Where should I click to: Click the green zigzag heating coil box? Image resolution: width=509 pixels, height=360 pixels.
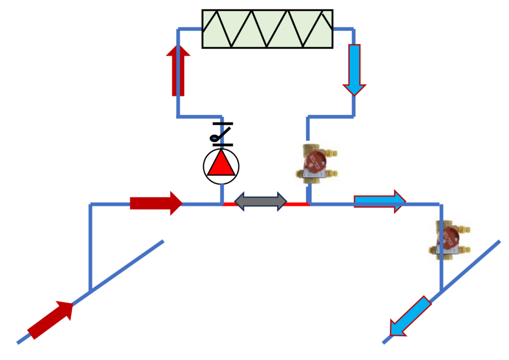267,29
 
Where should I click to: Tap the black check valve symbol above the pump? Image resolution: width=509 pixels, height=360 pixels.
221,134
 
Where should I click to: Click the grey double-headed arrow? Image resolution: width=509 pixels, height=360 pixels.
260,201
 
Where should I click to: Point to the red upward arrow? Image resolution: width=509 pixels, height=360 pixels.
178,70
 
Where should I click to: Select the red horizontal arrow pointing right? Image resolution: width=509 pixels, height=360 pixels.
156,203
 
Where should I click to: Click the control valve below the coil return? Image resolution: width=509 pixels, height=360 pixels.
316,162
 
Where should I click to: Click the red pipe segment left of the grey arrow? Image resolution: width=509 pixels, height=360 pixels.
229,204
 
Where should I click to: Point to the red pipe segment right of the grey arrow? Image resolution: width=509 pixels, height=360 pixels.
297,204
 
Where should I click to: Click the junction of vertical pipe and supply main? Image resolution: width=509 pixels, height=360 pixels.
90,290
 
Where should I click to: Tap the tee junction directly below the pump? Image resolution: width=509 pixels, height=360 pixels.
221,204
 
